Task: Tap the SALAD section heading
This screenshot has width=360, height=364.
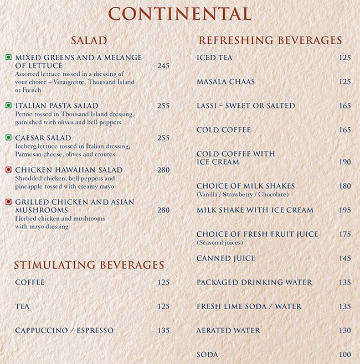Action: point(89,41)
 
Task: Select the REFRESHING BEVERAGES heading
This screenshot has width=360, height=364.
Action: point(270,41)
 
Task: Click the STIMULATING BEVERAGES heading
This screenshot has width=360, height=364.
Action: point(89,266)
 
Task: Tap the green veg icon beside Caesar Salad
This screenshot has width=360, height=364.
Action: point(8,137)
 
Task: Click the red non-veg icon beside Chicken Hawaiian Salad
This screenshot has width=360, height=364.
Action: point(8,170)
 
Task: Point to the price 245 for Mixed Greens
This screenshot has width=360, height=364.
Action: point(163,66)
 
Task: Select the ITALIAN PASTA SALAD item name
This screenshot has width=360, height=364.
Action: point(57,106)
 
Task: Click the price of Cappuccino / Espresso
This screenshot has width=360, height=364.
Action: point(163,331)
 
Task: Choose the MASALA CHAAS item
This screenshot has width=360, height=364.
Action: point(226,82)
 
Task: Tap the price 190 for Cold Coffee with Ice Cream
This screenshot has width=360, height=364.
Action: point(345,162)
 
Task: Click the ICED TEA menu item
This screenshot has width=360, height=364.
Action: point(215,58)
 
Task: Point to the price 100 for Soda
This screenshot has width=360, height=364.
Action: point(345,355)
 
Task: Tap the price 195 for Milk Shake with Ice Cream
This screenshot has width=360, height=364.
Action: point(345,210)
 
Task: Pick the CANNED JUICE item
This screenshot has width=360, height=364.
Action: point(226,258)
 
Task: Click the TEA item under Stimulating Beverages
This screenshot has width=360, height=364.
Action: point(23,306)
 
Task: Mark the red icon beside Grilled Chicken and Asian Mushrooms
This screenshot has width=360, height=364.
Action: point(8,202)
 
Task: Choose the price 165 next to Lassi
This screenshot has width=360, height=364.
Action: point(345,106)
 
